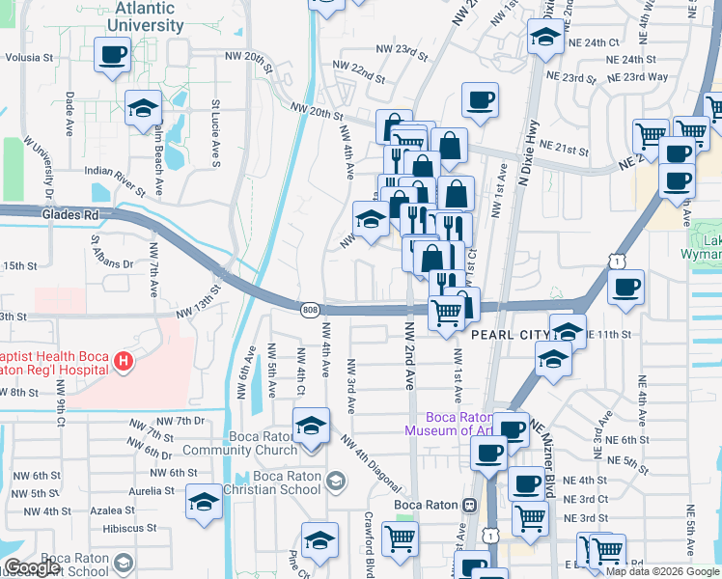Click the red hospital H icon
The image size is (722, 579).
click(x=123, y=363)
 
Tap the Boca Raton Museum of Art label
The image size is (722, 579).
click(x=452, y=424)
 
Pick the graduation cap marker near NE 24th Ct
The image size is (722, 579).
click(x=545, y=39)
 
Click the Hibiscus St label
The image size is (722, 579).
click(x=129, y=528)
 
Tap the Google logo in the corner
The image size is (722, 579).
click(x=32, y=567)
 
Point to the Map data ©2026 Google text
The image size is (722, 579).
click(x=662, y=571)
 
